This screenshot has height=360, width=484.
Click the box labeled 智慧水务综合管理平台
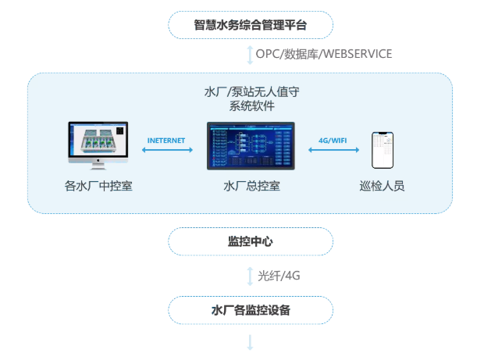251,24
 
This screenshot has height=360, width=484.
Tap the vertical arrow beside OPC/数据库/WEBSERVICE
250,54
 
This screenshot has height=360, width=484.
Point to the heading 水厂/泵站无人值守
251,91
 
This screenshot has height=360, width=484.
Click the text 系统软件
251,106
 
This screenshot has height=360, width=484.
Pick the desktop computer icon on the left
98,141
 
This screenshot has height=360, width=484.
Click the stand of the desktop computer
98,164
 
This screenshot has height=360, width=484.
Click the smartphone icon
382,149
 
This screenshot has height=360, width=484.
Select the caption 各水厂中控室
98,187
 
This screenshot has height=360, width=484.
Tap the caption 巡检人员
382,187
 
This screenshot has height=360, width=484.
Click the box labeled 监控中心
251,241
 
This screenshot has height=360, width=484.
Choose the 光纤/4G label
279,276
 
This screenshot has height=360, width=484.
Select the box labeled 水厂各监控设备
251,310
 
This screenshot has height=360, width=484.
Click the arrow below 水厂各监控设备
251,343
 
